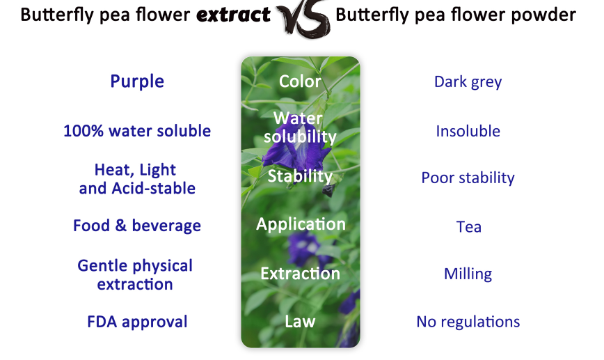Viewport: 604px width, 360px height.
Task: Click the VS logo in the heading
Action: [303, 17]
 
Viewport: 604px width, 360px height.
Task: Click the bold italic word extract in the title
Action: [233, 15]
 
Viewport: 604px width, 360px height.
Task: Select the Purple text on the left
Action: [137, 81]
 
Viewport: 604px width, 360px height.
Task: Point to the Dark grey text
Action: [468, 82]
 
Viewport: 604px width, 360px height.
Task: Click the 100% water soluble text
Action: [137, 131]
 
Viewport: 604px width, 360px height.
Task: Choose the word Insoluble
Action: [468, 131]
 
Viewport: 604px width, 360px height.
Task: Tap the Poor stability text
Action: [468, 178]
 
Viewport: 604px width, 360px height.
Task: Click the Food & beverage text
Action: [137, 226]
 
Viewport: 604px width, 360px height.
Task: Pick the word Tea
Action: [468, 226]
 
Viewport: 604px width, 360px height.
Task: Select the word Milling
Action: [468, 274]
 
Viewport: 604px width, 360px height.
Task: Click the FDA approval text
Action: [137, 322]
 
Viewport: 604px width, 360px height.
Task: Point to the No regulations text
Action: [468, 322]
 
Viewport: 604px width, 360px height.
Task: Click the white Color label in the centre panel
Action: [300, 81]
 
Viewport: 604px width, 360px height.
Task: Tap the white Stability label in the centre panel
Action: [300, 175]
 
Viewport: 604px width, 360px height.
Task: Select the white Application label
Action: [301, 224]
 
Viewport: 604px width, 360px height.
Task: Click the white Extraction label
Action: [300, 274]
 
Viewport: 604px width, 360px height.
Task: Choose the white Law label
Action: [300, 322]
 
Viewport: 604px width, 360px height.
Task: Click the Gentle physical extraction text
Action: [135, 275]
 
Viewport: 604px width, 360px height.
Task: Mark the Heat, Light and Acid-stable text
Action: [137, 179]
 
